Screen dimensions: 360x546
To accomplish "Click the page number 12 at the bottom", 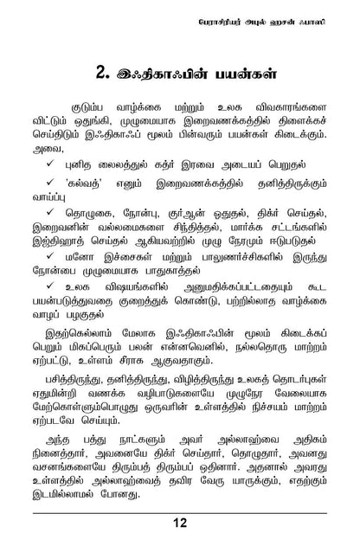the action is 180,522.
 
